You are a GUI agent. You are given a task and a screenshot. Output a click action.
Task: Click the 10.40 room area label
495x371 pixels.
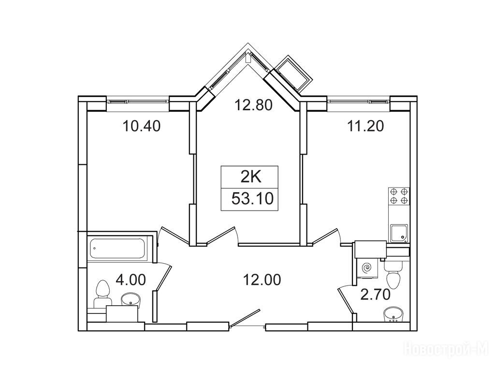[x=142, y=126]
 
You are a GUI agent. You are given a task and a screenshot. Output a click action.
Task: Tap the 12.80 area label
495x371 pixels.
[x=253, y=105]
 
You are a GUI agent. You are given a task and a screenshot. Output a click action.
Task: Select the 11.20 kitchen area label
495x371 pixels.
[x=365, y=126]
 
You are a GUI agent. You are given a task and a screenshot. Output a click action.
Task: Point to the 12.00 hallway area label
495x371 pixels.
[x=262, y=280]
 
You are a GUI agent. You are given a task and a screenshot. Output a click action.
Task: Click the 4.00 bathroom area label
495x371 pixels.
[x=131, y=280]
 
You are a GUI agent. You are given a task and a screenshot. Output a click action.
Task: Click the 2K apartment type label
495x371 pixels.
[x=251, y=178]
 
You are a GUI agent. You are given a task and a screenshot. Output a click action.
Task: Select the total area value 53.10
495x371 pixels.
[x=252, y=199]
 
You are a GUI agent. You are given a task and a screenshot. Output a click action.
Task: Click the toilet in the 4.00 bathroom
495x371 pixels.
[x=102, y=293]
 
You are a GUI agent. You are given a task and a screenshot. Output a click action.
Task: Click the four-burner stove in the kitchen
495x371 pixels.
[x=398, y=196]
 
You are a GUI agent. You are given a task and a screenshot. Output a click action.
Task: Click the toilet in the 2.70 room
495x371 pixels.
[x=393, y=275]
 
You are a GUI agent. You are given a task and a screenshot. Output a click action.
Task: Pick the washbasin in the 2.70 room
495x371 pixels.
[x=393, y=315]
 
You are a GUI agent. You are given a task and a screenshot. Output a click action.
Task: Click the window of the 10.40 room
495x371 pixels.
[x=137, y=101]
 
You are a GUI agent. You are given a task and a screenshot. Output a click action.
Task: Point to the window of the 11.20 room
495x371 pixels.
[x=358, y=101]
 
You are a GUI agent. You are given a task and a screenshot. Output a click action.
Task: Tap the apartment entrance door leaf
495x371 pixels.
[x=245, y=319]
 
